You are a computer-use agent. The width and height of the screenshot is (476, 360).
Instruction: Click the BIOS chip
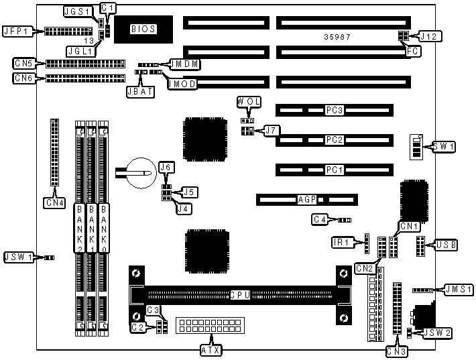(143, 29)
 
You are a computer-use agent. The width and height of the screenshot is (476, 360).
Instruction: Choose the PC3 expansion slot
(334, 110)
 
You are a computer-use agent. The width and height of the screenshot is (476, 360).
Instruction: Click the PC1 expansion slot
(334, 170)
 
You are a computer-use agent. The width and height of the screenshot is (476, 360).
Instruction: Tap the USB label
(447, 245)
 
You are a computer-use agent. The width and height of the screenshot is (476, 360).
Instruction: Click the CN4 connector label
(53, 201)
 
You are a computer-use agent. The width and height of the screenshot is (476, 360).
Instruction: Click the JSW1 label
(17, 257)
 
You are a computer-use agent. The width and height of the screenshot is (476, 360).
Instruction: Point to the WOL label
(248, 101)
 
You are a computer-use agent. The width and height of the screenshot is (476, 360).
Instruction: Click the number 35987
(335, 36)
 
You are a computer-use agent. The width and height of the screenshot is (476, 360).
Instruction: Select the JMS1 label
(459, 290)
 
